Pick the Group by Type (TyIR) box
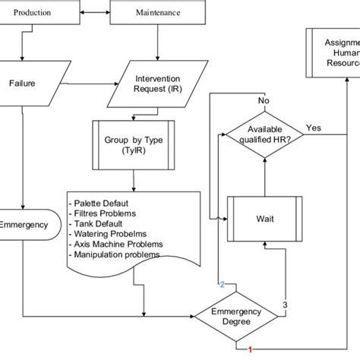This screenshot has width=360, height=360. click(x=134, y=145)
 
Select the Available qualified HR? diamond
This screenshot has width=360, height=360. click(x=265, y=135)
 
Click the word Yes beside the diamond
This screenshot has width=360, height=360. click(x=314, y=127)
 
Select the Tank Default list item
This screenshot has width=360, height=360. click(x=99, y=224)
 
